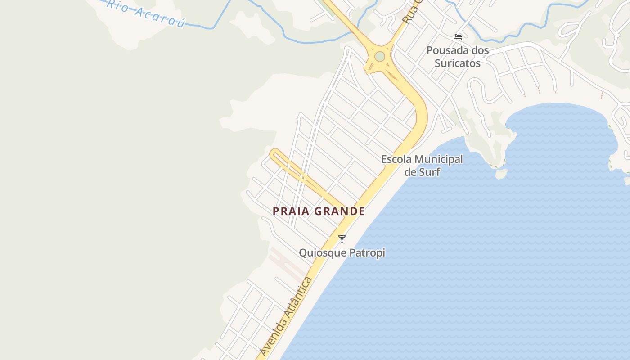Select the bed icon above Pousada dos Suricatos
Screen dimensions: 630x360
coord(458,37)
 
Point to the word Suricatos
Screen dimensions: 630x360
coord(458,63)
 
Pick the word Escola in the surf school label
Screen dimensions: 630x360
coord(396,159)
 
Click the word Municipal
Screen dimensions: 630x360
coord(438,159)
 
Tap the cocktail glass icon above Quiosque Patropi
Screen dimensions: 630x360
coord(342,239)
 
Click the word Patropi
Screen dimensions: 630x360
coord(368,253)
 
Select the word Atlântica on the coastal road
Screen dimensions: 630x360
coord(300,292)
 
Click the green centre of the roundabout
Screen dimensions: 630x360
coord(380,57)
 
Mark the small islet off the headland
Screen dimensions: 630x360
coord(501,173)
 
